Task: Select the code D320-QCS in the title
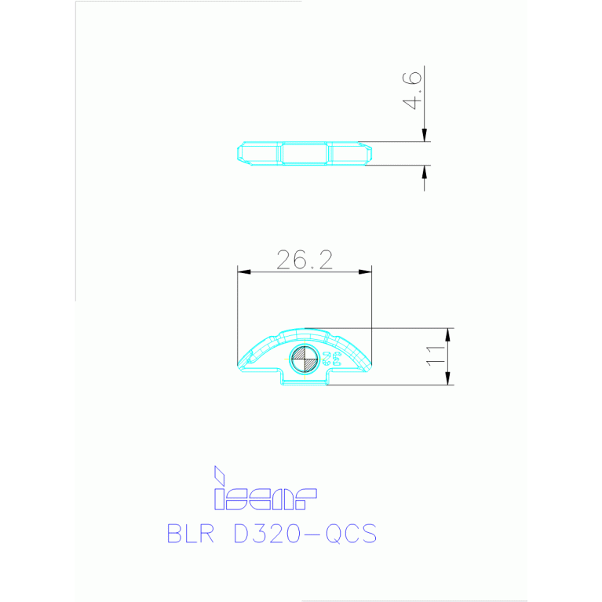coord(306,534)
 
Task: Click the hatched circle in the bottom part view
coord(304,359)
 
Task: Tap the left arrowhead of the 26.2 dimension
coord(243,272)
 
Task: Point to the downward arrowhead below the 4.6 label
coord(425,136)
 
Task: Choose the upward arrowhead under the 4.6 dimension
coord(425,171)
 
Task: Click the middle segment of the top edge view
coord(305,153)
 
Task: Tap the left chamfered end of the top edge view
coord(242,153)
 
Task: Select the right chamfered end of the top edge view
coord(364,153)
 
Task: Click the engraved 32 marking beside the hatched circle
coord(330,359)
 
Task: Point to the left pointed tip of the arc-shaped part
coord(239,364)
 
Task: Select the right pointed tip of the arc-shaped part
coord(370,364)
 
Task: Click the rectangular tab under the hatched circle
coord(305,379)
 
